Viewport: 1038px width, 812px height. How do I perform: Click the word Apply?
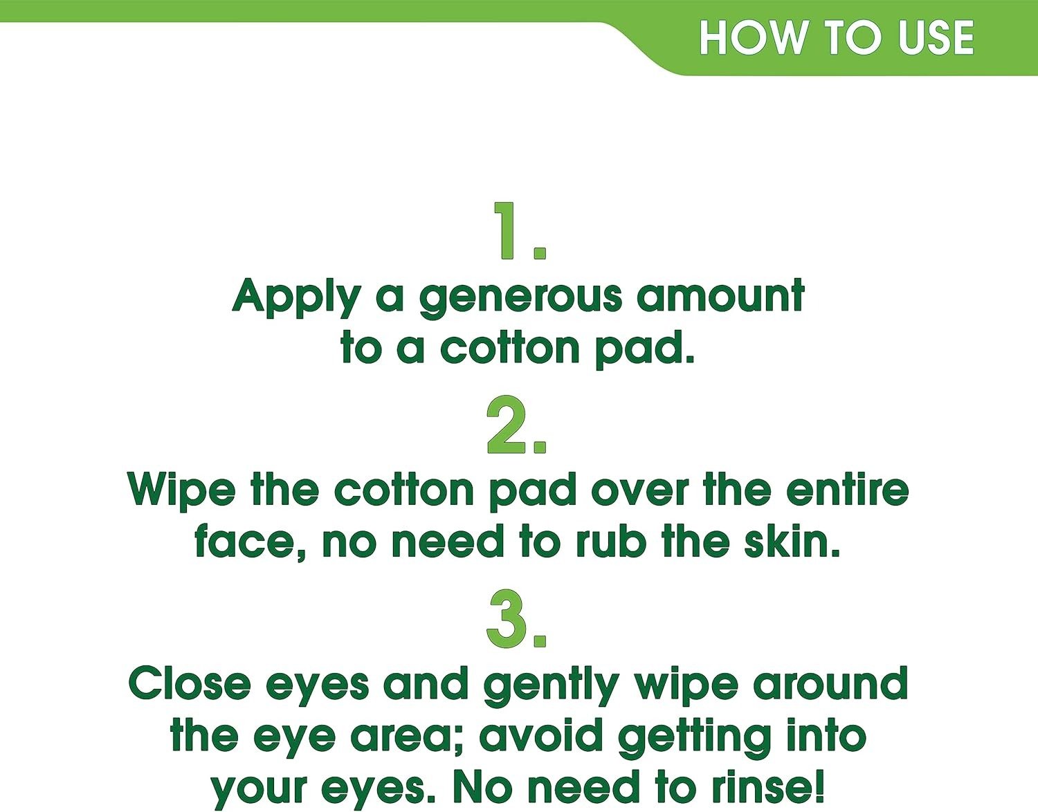(x=296, y=298)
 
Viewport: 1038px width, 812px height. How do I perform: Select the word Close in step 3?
(x=190, y=683)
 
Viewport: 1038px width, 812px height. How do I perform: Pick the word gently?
(x=552, y=687)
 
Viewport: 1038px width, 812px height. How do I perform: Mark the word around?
(x=830, y=683)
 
